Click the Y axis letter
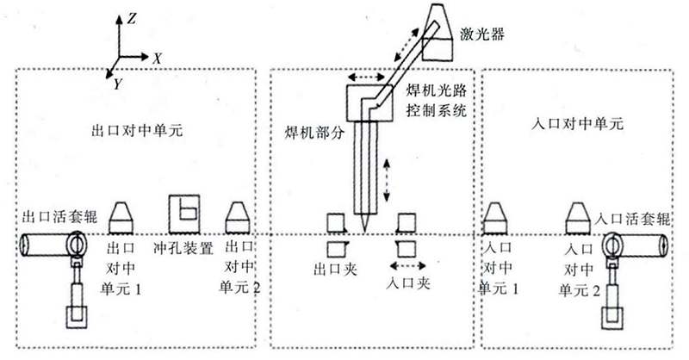tap(117, 82)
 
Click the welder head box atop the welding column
tap(370, 103)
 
